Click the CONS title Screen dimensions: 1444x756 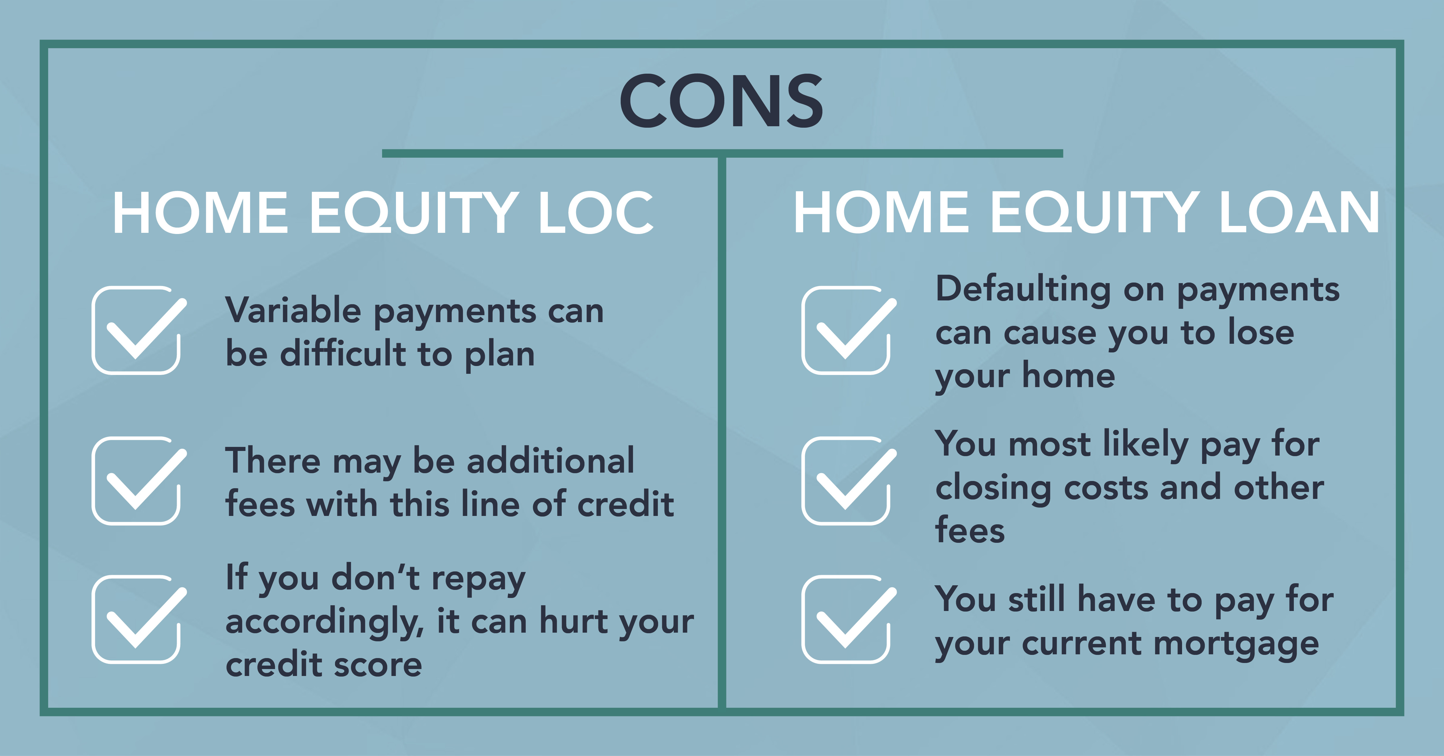pyautogui.click(x=721, y=101)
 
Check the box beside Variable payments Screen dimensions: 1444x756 pyautogui.click(x=139, y=330)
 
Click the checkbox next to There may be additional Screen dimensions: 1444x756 pyautogui.click(x=139, y=481)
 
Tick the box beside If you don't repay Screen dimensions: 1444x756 pyautogui.click(x=139, y=619)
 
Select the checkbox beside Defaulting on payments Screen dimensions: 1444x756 pyautogui.click(x=849, y=330)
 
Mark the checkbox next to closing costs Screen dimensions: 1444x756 pyautogui.click(x=849, y=481)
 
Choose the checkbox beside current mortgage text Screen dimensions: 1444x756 pyautogui.click(x=849, y=619)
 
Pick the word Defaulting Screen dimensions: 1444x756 pyautogui.click(x=1023, y=290)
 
